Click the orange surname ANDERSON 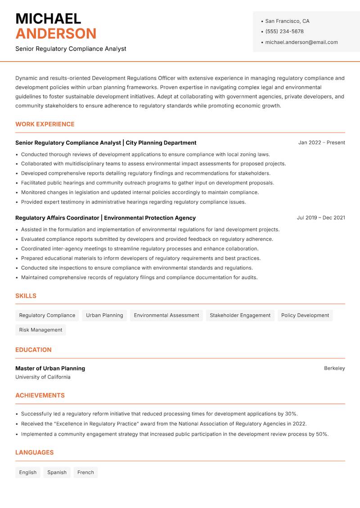click(56, 34)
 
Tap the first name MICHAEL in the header click(48, 18)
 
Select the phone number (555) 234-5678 click(284, 31)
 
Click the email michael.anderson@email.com click(301, 42)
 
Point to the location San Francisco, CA click(287, 21)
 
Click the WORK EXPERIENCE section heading click(45, 124)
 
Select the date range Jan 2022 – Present click(321, 143)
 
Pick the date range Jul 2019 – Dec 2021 click(321, 218)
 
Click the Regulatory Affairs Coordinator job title click(57, 218)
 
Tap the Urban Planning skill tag click(104, 315)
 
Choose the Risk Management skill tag click(40, 330)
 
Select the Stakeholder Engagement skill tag click(240, 315)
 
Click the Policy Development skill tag click(305, 315)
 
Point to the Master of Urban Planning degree click(50, 368)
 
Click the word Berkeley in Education click(334, 368)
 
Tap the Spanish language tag click(57, 472)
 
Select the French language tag click(85, 472)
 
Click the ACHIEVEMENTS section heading click(40, 395)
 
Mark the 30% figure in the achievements click(291, 414)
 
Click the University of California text click(43, 377)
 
